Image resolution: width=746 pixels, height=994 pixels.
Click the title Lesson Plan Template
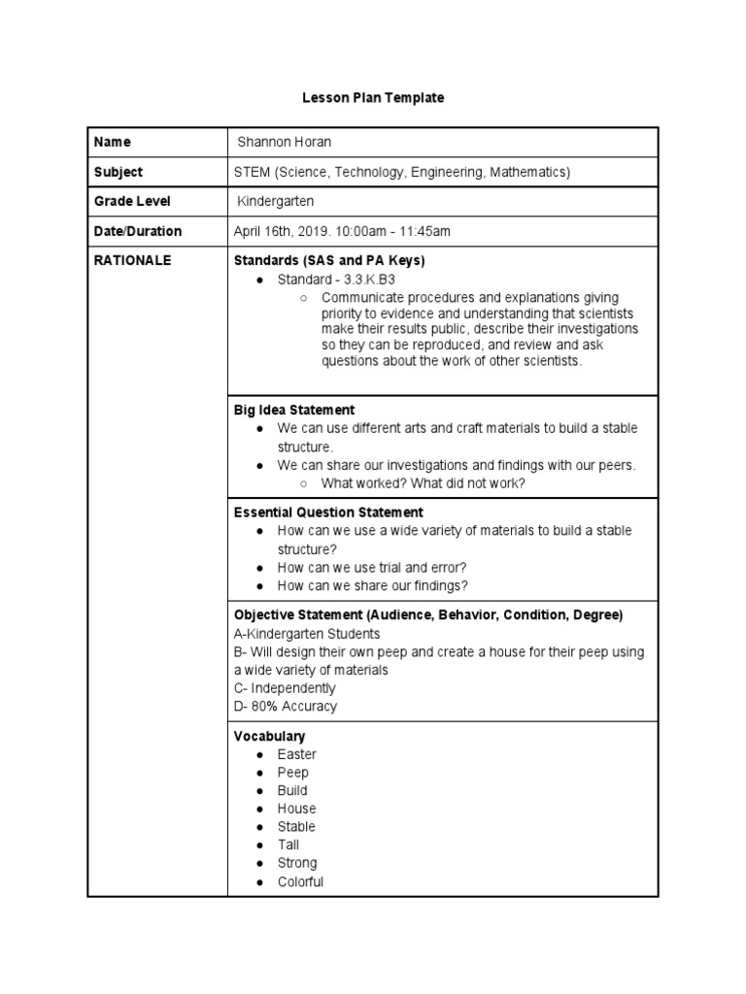pyautogui.click(x=373, y=98)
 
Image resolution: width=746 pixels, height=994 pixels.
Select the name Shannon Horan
pyautogui.click(x=285, y=142)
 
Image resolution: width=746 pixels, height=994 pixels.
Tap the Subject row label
pyautogui.click(x=119, y=172)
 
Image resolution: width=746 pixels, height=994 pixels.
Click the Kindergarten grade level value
pyautogui.click(x=276, y=201)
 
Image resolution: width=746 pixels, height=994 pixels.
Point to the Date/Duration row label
pyautogui.click(x=138, y=231)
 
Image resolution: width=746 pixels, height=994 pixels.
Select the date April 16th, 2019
pyautogui.click(x=290, y=231)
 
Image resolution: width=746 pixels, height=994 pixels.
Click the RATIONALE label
pyautogui.click(x=133, y=260)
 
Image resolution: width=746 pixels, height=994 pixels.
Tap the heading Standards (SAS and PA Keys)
pyautogui.click(x=329, y=260)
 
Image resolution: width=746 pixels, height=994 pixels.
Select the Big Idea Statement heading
pyautogui.click(x=294, y=410)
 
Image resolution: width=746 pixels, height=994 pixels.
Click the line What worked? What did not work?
pyautogui.click(x=424, y=483)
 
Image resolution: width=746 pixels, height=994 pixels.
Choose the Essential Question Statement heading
pyautogui.click(x=328, y=512)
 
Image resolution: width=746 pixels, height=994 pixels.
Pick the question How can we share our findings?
pyautogui.click(x=372, y=585)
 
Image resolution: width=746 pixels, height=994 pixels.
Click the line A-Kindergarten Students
pyautogui.click(x=307, y=634)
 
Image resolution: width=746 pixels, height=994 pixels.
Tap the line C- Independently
pyautogui.click(x=285, y=688)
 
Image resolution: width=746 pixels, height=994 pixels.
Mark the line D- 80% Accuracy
pyautogui.click(x=286, y=707)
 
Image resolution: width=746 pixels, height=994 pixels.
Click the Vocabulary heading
pyautogui.click(x=270, y=736)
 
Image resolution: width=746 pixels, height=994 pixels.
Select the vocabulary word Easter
pyautogui.click(x=296, y=754)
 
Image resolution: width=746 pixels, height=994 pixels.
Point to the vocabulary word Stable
pyautogui.click(x=296, y=827)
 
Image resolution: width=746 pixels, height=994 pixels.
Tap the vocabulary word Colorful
pyautogui.click(x=300, y=882)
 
